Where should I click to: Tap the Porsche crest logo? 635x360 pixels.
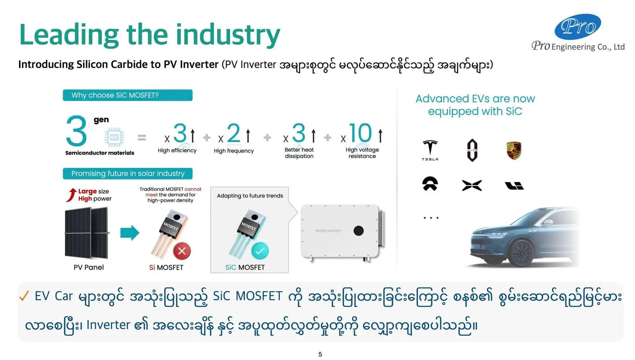click(514, 151)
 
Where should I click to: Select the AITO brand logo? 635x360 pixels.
click(472, 150)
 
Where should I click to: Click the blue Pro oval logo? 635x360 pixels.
click(578, 26)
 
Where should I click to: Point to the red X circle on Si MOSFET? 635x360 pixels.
click(182, 251)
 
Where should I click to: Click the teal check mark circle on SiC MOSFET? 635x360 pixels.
click(260, 251)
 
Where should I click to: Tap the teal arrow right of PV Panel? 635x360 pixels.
click(130, 233)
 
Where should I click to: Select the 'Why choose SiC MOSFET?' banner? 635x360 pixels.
click(128, 95)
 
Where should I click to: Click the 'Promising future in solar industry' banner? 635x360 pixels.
click(128, 173)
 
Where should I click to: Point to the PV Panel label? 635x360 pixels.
click(89, 267)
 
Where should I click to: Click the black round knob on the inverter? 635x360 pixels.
click(359, 231)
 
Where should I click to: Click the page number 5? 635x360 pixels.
click(320, 354)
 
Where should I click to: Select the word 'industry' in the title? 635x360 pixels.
click(228, 35)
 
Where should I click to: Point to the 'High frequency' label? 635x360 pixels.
click(234, 151)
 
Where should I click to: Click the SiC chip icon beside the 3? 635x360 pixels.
click(114, 137)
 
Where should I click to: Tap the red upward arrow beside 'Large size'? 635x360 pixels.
click(71, 195)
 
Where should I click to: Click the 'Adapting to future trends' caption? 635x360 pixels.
click(250, 196)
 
